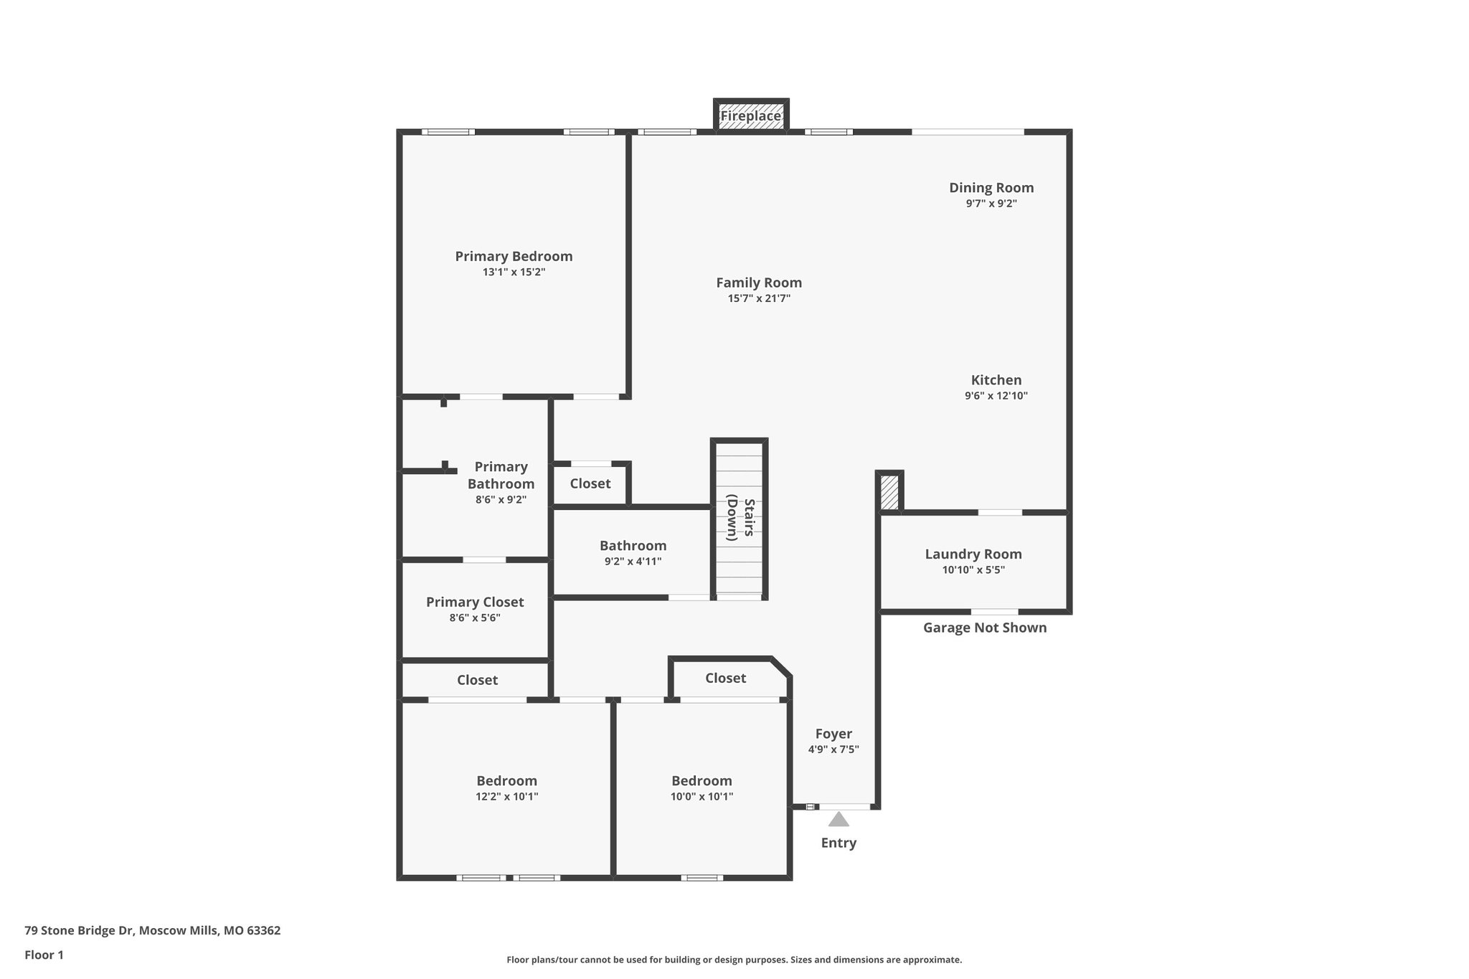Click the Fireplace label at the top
750,116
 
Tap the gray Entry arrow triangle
839,819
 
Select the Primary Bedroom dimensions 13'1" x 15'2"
514,273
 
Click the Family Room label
759,283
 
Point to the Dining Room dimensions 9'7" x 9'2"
991,204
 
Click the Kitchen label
996,380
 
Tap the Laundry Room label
973,554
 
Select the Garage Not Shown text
984,628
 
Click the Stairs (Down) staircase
740,519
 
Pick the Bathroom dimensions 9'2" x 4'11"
633,562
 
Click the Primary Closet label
475,602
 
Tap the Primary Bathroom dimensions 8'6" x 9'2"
501,500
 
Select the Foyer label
833,734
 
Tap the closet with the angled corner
725,678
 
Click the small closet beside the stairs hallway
590,483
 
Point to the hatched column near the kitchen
889,493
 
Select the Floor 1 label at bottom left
44,955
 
